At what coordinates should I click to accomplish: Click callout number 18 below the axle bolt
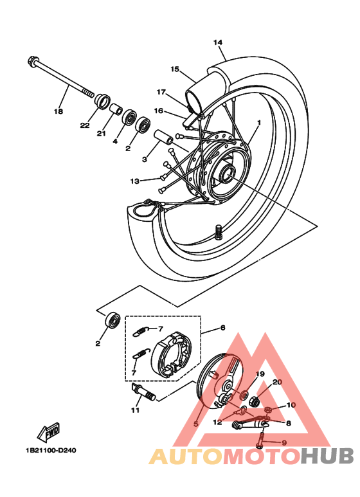tap(59, 111)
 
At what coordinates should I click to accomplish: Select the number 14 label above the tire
tap(218, 42)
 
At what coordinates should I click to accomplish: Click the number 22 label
tap(85, 125)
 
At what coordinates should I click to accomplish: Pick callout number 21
tap(101, 133)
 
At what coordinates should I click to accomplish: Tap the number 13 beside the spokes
tap(134, 181)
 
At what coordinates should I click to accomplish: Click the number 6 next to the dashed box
tap(222, 327)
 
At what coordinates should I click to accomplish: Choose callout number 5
tap(195, 424)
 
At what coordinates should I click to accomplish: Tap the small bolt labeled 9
tap(262, 442)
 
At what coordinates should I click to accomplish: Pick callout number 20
tap(277, 381)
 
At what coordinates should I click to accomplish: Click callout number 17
tap(161, 91)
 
